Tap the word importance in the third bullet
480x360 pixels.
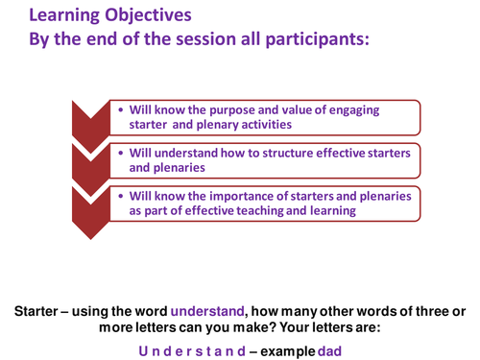point(239,196)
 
